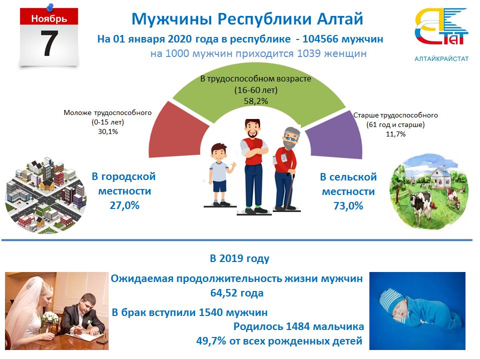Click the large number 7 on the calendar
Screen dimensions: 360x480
(x=49, y=43)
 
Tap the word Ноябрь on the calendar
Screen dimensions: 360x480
(x=48, y=19)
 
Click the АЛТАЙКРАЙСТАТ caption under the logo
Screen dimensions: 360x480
(x=441, y=58)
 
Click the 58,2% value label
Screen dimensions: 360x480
(x=255, y=101)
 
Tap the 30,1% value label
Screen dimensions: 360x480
(x=107, y=131)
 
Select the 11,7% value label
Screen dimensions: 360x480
(x=395, y=134)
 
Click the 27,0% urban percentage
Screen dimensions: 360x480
(x=124, y=205)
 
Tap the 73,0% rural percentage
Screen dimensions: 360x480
(x=348, y=205)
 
